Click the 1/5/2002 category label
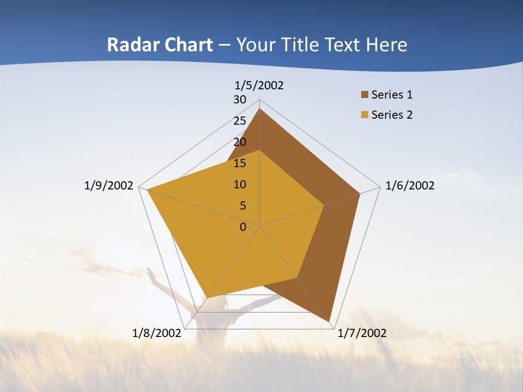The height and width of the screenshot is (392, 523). pos(259,85)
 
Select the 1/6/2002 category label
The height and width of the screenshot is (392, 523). pos(410,186)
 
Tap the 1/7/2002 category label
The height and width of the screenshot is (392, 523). pos(362,333)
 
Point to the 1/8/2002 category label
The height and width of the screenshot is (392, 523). pos(157,333)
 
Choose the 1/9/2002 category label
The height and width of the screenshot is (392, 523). pos(109,186)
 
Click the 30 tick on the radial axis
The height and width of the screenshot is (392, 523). pos(240,100)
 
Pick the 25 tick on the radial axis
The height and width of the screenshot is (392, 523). pos(240,121)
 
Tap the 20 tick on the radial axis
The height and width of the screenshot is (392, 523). pos(240,142)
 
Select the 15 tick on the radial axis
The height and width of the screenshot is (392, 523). pos(240,163)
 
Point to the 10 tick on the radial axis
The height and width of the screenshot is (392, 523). pos(240,185)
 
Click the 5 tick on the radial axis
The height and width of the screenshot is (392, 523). pos(242,206)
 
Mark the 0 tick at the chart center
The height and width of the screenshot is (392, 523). pos(243,227)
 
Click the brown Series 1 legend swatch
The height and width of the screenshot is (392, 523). pos(364,95)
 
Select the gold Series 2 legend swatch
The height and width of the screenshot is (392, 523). pos(364,115)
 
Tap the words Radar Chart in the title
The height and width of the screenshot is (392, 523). pos(160,45)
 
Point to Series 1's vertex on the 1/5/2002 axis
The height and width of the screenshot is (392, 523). pos(260,109)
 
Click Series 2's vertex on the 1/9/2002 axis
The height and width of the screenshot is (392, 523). pos(147,190)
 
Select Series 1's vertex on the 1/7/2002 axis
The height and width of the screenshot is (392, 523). pos(330,322)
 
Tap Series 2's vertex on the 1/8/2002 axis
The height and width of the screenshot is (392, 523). pos(208,298)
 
